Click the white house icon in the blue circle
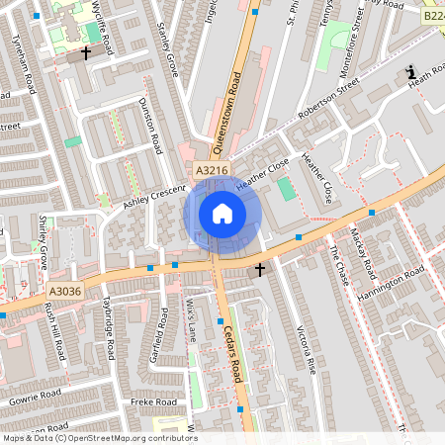click(x=222, y=214)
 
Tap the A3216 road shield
click(x=211, y=171)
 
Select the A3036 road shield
click(x=61, y=290)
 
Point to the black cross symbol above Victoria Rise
click(x=260, y=269)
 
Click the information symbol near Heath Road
click(x=411, y=72)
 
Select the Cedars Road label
click(x=232, y=356)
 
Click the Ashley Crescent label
click(x=154, y=198)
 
